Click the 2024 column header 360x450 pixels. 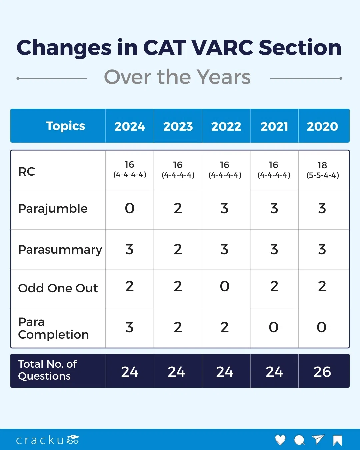click(130, 126)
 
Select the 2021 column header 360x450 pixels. click(274, 126)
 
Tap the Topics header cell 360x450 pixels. click(65, 126)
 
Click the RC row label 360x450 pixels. click(27, 171)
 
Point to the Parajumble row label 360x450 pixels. click(53, 209)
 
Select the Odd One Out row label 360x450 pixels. click(58, 288)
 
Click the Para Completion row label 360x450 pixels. click(53, 328)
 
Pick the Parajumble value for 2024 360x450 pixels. click(130, 208)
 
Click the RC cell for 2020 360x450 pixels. click(322, 170)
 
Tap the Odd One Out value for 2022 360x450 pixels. click(225, 286)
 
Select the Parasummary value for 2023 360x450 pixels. click(178, 249)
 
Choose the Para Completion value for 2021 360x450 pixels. click(274, 327)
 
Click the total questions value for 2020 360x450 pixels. click(322, 372)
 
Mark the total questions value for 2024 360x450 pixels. click(130, 372)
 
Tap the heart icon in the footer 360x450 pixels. click(280, 440)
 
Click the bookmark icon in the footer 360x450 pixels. click(337, 440)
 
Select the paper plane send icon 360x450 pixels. click(318, 440)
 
